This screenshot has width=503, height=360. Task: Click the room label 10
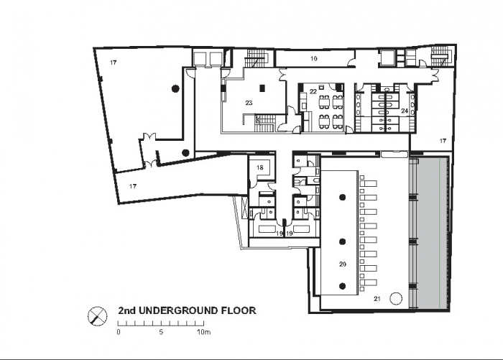point(314,58)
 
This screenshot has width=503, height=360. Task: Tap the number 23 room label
point(249,103)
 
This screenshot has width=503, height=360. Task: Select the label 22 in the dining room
point(313,92)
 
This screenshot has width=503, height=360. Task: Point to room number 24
point(404,111)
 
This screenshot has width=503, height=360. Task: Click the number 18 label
point(260,167)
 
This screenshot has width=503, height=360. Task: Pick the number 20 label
point(343,264)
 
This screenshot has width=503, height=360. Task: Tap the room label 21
point(377,299)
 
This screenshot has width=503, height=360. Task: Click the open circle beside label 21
point(395,298)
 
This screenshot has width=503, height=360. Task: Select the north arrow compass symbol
point(97,316)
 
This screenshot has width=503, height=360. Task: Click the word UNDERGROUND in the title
point(178,310)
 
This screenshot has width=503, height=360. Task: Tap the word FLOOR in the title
point(239,310)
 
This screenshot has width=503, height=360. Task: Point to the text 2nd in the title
point(126,310)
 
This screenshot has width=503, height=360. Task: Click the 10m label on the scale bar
point(203,332)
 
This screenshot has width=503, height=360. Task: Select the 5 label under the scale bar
point(161,332)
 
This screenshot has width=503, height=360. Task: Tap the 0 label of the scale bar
point(119,332)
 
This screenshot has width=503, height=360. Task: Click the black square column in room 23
point(262,88)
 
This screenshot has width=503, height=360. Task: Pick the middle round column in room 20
point(343,241)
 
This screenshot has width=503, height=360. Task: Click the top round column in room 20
point(343,198)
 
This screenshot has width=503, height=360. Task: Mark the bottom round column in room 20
point(343,286)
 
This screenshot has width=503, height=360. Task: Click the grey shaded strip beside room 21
point(428,233)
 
